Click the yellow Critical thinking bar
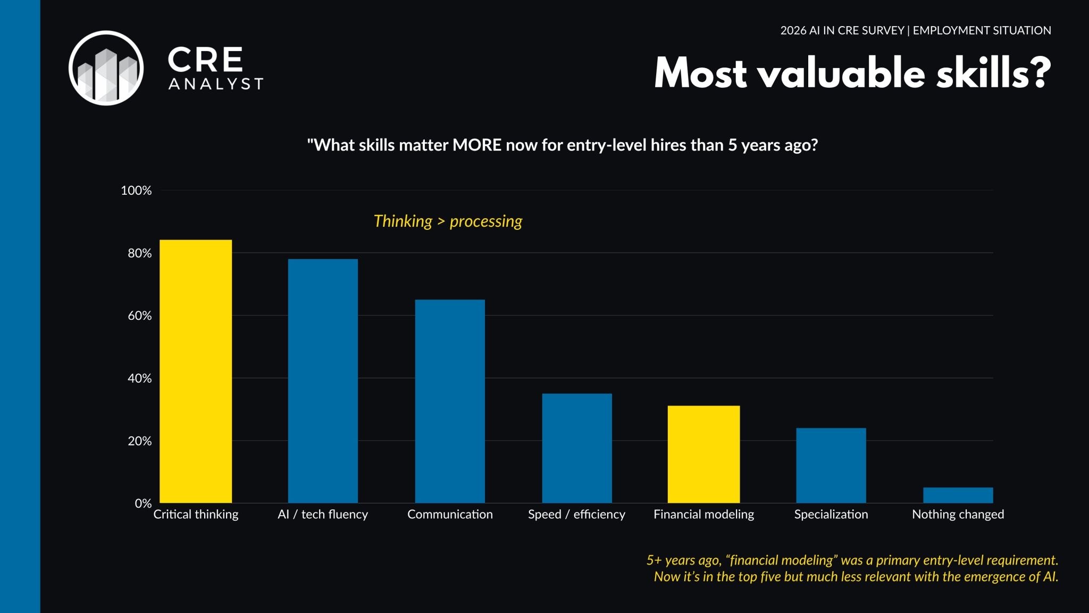coord(196,371)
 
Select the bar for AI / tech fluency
coord(323,380)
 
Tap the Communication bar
coord(450,401)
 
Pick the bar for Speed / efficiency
coord(577,448)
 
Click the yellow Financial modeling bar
coord(703,454)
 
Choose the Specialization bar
coord(831,465)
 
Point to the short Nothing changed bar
coord(958,495)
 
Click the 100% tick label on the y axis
coord(136,190)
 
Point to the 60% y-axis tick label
coord(139,316)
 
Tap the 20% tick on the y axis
coord(139,441)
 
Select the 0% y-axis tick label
coord(143,503)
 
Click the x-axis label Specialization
coord(831,515)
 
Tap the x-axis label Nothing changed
coord(958,515)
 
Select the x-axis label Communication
coord(450,515)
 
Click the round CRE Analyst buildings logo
coord(106,68)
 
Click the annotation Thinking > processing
coord(448,221)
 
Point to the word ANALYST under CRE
coord(215,84)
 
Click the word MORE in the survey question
coord(476,145)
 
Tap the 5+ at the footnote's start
coord(654,560)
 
